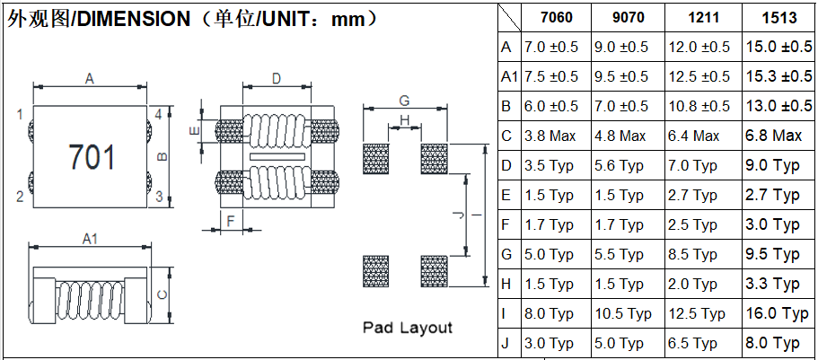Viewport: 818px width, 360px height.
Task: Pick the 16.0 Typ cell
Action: [x=778, y=313]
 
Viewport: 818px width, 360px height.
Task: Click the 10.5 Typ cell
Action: [x=622, y=313]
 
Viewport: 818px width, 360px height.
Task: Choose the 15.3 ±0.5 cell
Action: [x=778, y=76]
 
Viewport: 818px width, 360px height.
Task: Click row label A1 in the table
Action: [x=510, y=76]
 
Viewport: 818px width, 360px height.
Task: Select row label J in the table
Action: [x=506, y=343]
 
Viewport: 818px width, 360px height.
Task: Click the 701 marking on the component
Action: [x=92, y=157]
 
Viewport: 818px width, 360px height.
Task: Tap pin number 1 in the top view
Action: [x=19, y=114]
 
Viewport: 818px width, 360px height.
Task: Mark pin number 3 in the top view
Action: [x=158, y=197]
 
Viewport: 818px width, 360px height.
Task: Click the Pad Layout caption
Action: [x=407, y=328]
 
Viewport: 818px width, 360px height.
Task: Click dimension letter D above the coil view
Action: [x=277, y=79]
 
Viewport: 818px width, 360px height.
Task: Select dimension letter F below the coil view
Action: [x=231, y=220]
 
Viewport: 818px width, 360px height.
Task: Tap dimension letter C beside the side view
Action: [x=161, y=294]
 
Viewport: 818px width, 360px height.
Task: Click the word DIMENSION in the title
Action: [x=134, y=18]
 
